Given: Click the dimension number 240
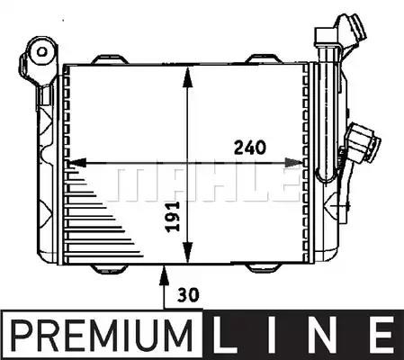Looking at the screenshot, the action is click(x=250, y=148).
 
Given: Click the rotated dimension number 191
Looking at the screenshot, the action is click(x=173, y=217).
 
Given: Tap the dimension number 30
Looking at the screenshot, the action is click(x=188, y=295).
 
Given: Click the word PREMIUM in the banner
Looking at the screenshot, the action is click(x=102, y=336).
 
